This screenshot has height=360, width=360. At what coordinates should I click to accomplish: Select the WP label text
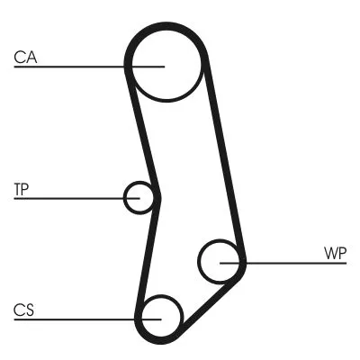[334, 253]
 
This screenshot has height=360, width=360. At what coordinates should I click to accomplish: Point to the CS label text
[24, 310]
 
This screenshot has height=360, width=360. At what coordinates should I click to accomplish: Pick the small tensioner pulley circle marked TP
[139, 197]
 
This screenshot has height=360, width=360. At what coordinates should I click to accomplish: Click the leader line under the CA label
[72, 66]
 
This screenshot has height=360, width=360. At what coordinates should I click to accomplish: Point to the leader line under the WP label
[288, 263]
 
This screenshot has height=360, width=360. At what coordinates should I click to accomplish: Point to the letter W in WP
[329, 253]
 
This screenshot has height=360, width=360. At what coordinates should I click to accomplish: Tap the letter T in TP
[18, 189]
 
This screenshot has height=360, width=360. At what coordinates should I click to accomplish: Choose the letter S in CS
[30, 310]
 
